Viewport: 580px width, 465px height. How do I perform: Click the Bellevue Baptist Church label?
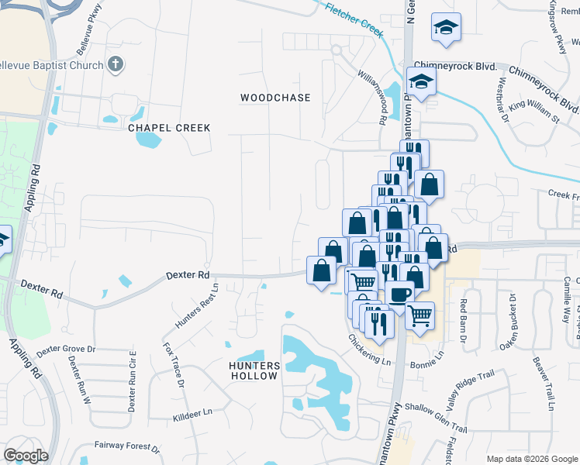[x=51, y=65]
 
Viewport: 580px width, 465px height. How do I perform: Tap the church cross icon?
[x=115, y=64]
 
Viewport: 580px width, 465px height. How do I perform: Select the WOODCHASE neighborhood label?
[x=275, y=98]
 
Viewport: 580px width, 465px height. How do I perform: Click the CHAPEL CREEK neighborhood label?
[x=169, y=128]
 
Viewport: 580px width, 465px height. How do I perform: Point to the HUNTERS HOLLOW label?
[x=254, y=370]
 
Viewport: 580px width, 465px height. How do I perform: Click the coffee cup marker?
[x=400, y=295]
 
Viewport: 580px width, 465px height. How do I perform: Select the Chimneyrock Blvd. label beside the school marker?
[x=455, y=67]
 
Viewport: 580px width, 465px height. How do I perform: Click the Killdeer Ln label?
[x=192, y=415]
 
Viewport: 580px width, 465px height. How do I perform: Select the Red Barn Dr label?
[x=464, y=321]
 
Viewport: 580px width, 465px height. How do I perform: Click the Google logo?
[x=26, y=456]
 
